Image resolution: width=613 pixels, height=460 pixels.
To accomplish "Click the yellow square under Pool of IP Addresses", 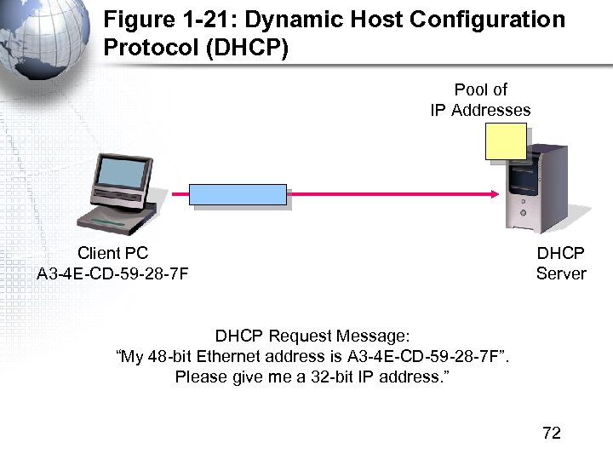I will (x=506, y=141).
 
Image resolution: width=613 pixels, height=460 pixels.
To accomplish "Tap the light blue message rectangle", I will (x=238, y=195).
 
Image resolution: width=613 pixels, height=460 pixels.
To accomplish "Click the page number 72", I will (x=552, y=433).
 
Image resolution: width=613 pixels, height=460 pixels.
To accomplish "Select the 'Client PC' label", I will (x=112, y=253).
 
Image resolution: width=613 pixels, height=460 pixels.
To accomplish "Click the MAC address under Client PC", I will (x=112, y=273).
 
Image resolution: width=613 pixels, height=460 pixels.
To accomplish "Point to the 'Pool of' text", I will (x=480, y=89).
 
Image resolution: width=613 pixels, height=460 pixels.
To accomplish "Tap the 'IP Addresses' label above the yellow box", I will (x=480, y=110).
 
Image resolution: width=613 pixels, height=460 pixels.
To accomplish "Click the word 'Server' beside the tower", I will (x=561, y=273).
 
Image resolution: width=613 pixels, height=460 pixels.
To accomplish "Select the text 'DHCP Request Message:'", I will (x=312, y=336).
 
